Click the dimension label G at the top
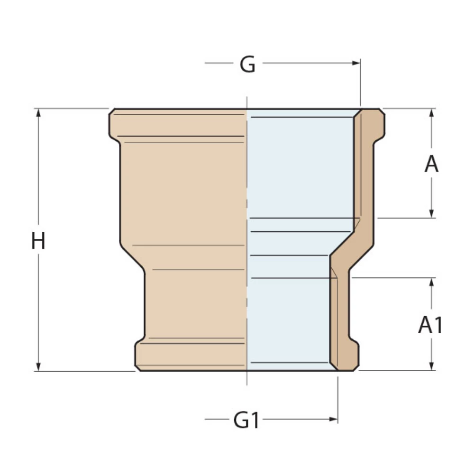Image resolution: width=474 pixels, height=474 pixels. (247, 64)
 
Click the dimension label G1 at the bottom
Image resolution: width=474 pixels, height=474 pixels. (246, 420)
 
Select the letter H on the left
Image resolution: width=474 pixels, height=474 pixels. (38, 241)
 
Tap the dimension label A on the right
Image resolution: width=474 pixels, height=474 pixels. (431, 164)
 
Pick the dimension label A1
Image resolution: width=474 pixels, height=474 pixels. (430, 325)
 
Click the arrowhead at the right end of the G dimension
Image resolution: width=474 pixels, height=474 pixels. (356, 63)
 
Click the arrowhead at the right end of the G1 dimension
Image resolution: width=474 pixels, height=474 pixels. (334, 419)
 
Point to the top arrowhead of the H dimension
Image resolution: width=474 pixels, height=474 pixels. (38, 113)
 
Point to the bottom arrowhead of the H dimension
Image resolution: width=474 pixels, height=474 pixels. (38, 367)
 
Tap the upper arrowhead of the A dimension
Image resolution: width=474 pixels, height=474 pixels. (431, 113)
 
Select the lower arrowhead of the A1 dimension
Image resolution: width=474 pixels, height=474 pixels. (431, 366)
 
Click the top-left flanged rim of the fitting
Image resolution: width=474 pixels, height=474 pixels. (123, 124)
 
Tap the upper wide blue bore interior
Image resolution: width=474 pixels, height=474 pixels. (301, 166)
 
